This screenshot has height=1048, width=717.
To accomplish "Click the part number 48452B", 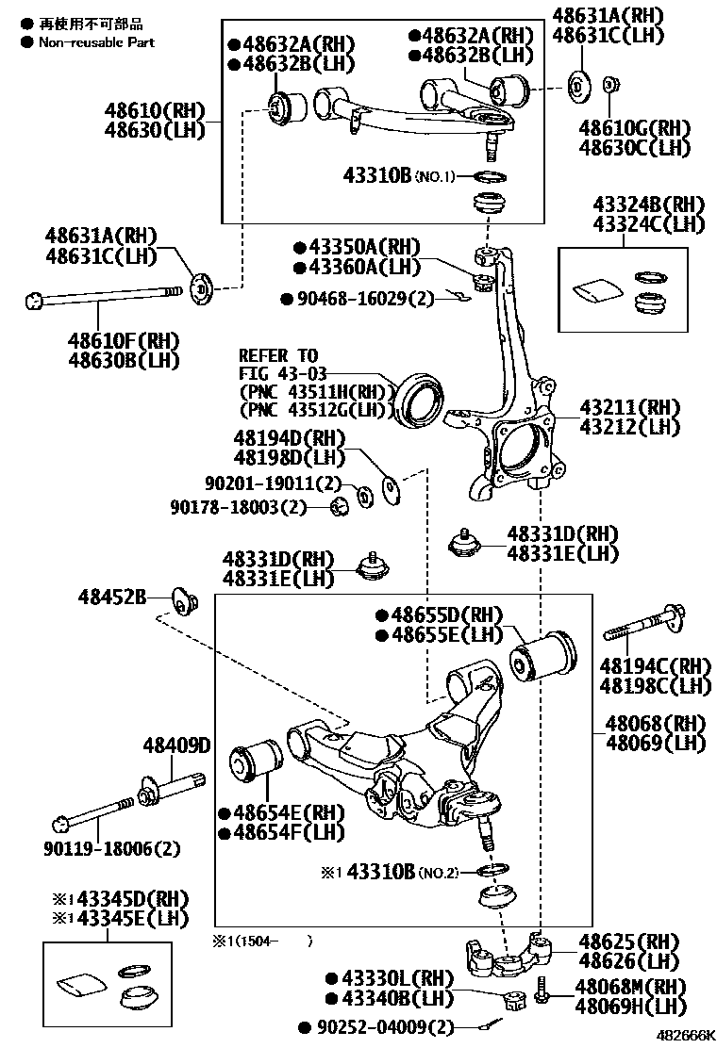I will tap(111, 598).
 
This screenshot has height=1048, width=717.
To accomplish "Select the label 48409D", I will tap(176, 746).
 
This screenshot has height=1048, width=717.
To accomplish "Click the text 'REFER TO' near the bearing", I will tap(278, 356).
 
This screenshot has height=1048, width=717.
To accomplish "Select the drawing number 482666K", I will tap(687, 1035).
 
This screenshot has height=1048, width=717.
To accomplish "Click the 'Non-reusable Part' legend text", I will tap(95, 42).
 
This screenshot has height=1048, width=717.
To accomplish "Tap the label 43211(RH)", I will tap(629, 407).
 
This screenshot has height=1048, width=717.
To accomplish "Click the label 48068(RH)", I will tap(655, 724).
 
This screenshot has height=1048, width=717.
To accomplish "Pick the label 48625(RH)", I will tap(628, 942).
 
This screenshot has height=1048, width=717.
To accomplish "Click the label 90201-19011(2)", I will tap(274, 483).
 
